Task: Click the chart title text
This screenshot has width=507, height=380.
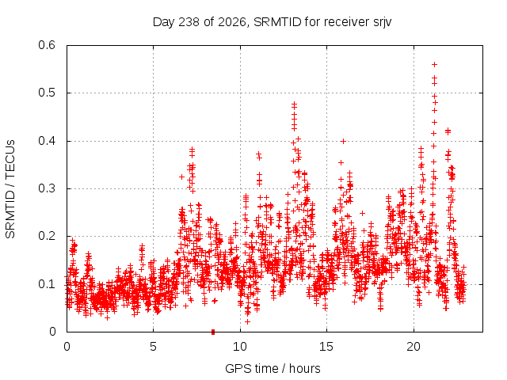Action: point(272,22)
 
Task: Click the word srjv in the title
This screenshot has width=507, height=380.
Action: point(382,23)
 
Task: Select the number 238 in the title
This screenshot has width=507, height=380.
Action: point(189,22)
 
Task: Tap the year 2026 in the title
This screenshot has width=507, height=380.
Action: point(232,22)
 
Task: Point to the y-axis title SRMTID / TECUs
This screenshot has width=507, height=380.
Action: point(10,189)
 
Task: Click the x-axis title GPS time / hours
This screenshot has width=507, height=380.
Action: point(273,368)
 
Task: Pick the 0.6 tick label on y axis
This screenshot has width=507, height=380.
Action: point(47,45)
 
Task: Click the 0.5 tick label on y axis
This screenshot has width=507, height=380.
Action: point(47,93)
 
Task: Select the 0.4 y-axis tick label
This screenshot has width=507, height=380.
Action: point(47,141)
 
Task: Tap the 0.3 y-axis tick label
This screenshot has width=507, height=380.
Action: point(47,188)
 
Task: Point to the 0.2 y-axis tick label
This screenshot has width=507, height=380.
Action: point(47,236)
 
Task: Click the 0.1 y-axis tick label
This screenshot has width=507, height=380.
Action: point(47,284)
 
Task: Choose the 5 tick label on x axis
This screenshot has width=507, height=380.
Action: point(153,347)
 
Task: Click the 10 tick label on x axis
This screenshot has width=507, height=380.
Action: point(240,347)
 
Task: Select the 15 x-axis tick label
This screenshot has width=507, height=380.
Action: point(326,347)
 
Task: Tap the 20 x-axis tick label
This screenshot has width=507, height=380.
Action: point(414,347)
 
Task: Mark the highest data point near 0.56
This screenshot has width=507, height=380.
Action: point(435,65)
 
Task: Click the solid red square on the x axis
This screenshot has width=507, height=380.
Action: point(213,332)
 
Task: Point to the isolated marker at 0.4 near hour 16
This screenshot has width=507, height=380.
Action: point(343,141)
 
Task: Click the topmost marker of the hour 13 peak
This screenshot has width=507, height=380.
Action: point(294,104)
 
